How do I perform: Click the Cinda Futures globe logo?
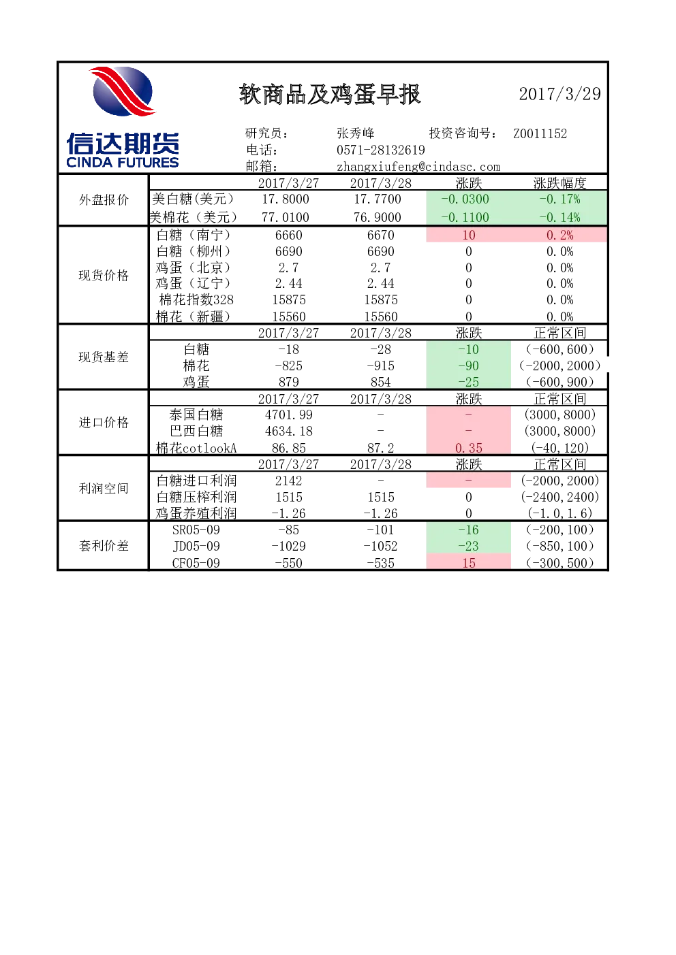[123, 91]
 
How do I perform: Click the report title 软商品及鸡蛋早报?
[330, 94]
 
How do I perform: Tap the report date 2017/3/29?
[559, 94]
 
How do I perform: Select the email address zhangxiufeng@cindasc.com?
[418, 166]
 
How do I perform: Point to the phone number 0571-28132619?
[381, 150]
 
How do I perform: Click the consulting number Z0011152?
[540, 133]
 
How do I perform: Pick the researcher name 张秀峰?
[356, 133]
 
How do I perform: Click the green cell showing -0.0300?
[469, 199]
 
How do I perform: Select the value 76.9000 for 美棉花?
[378, 217]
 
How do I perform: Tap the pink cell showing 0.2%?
[559, 235]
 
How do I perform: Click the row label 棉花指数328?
[196, 300]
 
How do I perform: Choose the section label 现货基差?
[104, 357]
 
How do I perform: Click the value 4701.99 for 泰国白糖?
[288, 415]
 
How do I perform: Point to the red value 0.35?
[469, 448]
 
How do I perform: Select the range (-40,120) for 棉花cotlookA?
[559, 448]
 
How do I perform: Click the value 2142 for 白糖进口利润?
[288, 481]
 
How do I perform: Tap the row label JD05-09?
[196, 546]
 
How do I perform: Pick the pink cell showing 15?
[469, 562]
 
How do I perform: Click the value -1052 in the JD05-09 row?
[380, 546]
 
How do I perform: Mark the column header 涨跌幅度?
[559, 183]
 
